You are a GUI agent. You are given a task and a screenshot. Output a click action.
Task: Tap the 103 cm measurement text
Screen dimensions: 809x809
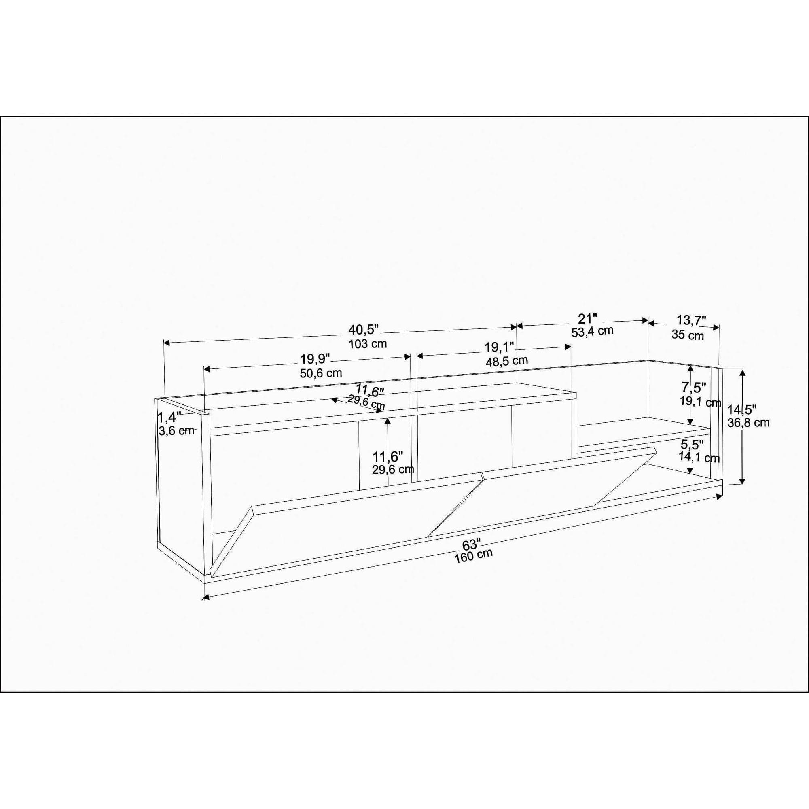pyautogui.click(x=368, y=344)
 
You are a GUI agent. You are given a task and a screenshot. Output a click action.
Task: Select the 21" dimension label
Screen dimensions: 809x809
pyautogui.click(x=587, y=319)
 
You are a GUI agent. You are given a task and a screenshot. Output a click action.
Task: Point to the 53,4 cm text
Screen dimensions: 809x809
pyautogui.click(x=592, y=331)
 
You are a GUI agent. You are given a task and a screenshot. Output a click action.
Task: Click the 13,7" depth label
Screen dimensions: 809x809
pyautogui.click(x=691, y=321)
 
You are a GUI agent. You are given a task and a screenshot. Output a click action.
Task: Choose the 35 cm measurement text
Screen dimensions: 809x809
pyautogui.click(x=688, y=335)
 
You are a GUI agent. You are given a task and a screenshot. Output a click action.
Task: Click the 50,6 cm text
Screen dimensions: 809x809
pyautogui.click(x=321, y=373)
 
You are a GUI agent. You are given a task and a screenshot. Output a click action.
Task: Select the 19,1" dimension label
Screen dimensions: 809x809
pyautogui.click(x=499, y=347)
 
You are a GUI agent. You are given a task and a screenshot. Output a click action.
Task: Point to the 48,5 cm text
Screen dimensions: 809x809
pyautogui.click(x=507, y=360)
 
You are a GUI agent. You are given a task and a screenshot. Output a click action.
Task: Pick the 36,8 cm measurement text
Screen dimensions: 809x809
pyautogui.click(x=748, y=423)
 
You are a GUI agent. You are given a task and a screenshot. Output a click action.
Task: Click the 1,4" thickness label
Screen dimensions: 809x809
pyautogui.click(x=169, y=417)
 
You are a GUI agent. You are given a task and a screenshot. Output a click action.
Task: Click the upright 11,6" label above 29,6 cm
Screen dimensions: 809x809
pyautogui.click(x=388, y=455)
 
